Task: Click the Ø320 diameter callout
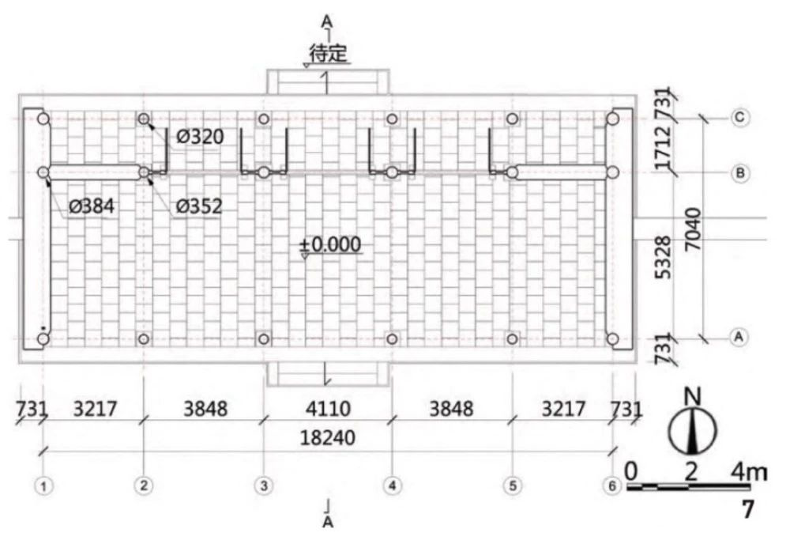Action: coord(200,137)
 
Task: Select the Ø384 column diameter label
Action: coord(91,206)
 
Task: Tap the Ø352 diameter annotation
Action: coord(199,206)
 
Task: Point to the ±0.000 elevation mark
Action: coord(330,244)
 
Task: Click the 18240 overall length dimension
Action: coord(328,437)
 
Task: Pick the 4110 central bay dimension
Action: coord(328,408)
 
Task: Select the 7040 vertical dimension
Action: coord(694,229)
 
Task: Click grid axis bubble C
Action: coord(739,118)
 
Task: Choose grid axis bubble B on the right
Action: coord(739,173)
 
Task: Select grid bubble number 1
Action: coord(43,486)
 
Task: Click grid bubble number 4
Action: coord(393,485)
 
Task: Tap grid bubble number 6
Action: coord(612,485)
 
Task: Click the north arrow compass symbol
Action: coord(692,432)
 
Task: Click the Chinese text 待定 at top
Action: coord(329,53)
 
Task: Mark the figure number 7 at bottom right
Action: coord(747,509)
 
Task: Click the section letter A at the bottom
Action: coord(328,523)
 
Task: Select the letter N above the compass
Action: coord(694,396)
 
